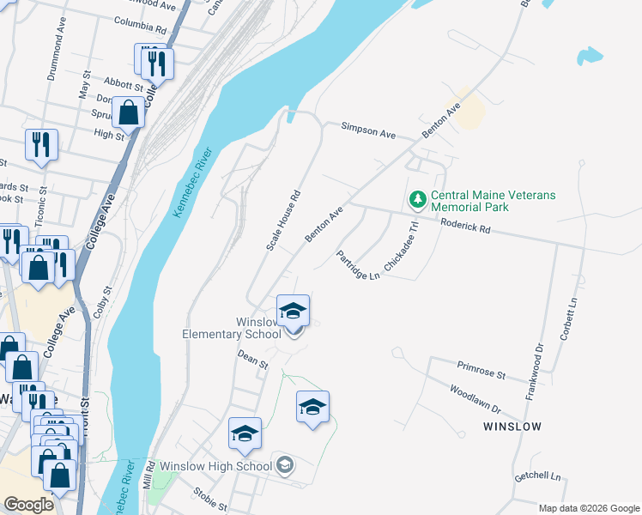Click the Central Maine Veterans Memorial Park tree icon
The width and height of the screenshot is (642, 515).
click(x=418, y=200)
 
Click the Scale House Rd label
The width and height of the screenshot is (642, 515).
click(x=284, y=221)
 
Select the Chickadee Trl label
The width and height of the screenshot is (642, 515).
click(x=400, y=247)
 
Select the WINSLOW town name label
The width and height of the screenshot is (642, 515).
click(x=512, y=426)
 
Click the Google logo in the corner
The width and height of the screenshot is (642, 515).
click(x=28, y=504)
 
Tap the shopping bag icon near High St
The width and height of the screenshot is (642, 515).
click(x=129, y=112)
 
